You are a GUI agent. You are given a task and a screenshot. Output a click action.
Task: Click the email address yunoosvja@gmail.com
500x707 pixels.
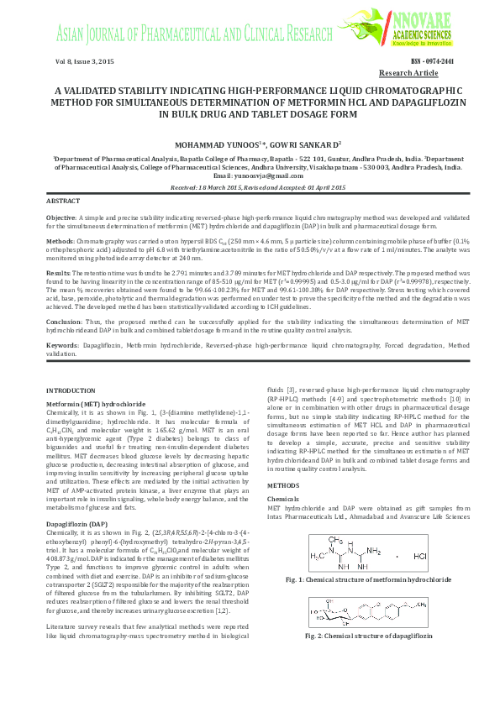[x=271, y=175]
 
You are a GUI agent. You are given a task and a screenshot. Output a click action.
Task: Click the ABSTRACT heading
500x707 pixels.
[x=63, y=202]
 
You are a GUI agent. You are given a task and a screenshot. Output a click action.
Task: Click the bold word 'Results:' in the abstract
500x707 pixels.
[x=59, y=273]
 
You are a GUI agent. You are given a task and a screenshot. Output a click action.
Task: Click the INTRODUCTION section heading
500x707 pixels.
[x=71, y=391]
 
